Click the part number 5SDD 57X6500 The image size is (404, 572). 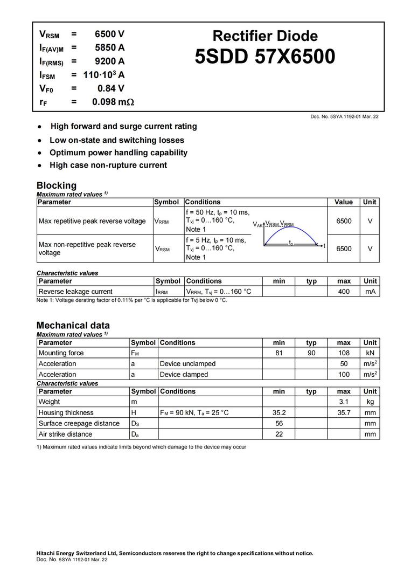265,57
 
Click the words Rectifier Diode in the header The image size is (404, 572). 265,36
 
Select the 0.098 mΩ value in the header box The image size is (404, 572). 113,101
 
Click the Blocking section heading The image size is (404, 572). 57,185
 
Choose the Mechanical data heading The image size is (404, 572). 73,325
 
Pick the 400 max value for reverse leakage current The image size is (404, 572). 344,292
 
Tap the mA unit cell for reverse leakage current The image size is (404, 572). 370,292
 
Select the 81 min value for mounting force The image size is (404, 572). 279,353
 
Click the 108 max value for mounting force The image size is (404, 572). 344,353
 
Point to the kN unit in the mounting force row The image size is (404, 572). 370,353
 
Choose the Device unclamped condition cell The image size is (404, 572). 187,364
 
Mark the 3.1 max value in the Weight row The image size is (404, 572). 344,402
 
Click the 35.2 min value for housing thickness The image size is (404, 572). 279,412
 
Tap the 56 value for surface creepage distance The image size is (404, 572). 279,423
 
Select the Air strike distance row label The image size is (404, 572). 65,434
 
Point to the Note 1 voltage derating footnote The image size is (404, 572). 132,300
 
